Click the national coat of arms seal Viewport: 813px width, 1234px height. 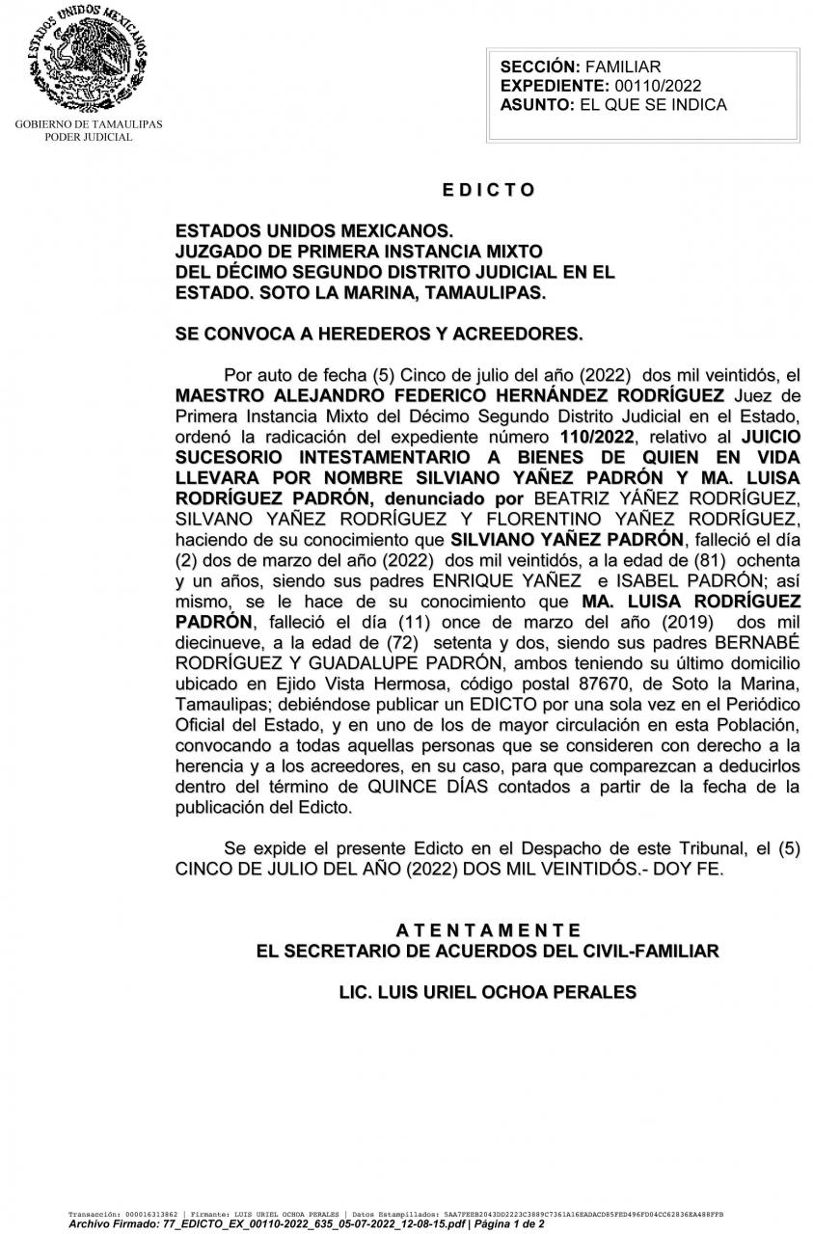88,58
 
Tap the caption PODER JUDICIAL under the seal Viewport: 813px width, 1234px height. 88,137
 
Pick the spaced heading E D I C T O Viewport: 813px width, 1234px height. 488,190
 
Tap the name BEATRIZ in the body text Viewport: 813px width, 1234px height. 572,498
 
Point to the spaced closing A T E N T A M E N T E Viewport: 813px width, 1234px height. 488,930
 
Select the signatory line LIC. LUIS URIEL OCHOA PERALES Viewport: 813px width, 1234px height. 488,991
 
